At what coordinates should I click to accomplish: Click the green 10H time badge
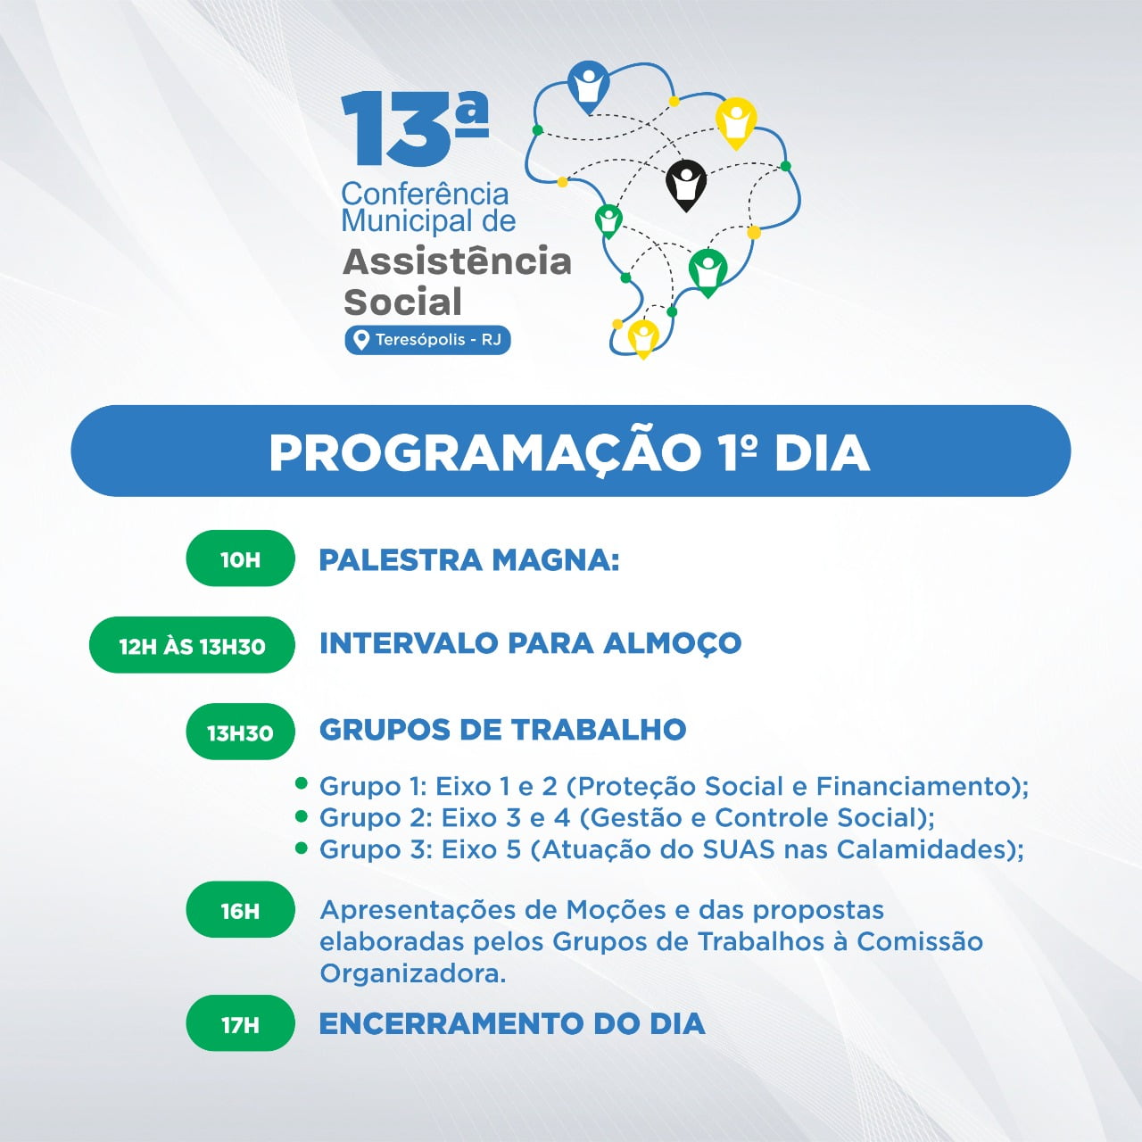tap(240, 559)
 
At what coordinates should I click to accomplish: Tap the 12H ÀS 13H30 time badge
tap(192, 645)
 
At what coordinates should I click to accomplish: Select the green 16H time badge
tap(240, 909)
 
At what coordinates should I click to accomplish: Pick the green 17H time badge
tap(240, 1022)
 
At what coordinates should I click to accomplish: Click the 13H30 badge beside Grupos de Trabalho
tap(240, 732)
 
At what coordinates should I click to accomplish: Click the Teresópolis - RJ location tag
tap(427, 340)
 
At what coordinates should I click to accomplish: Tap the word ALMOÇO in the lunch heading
tap(672, 644)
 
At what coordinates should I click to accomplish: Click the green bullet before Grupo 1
tap(302, 784)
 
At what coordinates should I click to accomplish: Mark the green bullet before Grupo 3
tap(302, 848)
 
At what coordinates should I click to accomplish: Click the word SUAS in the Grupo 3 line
tap(739, 849)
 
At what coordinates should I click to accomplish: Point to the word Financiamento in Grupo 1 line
tap(914, 786)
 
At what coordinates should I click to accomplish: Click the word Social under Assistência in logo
tap(403, 302)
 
